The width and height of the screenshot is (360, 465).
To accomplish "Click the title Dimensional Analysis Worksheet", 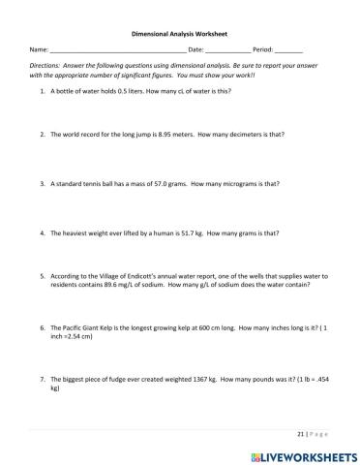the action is pos(179,30).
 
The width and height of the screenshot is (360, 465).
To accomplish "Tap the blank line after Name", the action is pos(117,49).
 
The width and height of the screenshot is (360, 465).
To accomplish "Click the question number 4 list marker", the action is pos(43,233).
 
